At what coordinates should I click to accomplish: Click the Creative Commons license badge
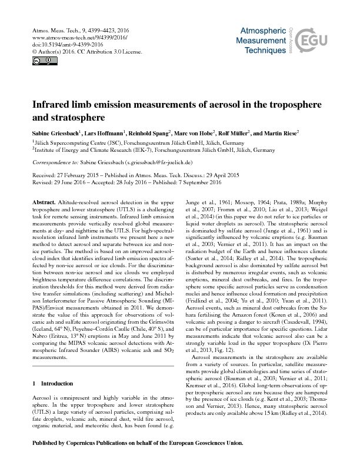[36, 60]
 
